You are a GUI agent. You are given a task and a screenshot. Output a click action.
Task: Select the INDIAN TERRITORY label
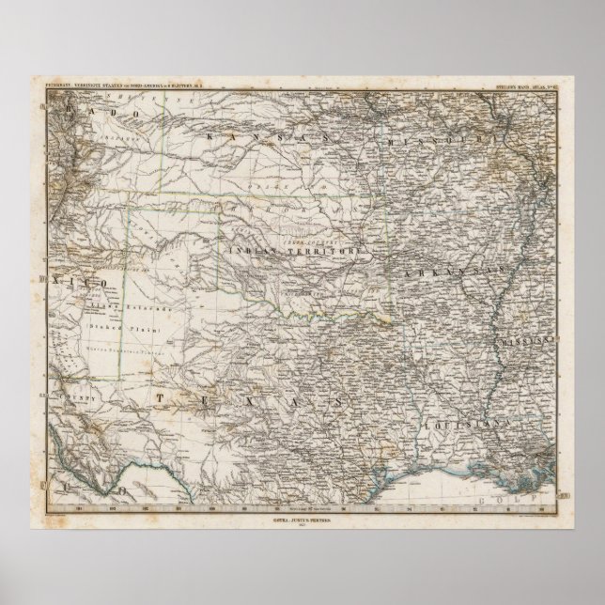293,251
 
